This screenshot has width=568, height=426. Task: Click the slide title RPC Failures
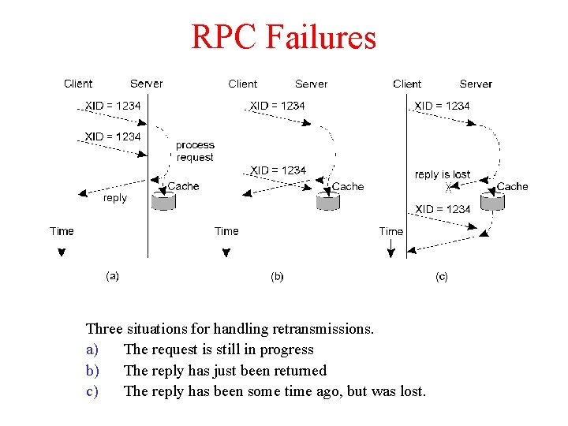click(284, 37)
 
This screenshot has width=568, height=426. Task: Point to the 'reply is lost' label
click(443, 174)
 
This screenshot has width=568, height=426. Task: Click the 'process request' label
click(195, 151)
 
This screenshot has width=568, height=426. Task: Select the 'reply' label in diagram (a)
click(115, 198)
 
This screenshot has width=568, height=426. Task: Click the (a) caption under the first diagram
click(113, 276)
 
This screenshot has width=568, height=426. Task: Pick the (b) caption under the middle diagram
click(277, 276)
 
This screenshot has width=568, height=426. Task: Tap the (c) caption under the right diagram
click(442, 276)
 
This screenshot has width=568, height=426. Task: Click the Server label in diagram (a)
click(147, 84)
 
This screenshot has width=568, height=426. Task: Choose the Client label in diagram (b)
click(243, 84)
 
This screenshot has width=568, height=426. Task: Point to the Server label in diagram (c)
click(476, 84)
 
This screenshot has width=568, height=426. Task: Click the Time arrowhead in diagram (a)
click(61, 252)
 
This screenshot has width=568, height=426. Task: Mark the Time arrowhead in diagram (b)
click(226, 252)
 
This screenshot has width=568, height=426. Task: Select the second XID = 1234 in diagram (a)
click(113, 136)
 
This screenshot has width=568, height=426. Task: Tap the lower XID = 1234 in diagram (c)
click(443, 209)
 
